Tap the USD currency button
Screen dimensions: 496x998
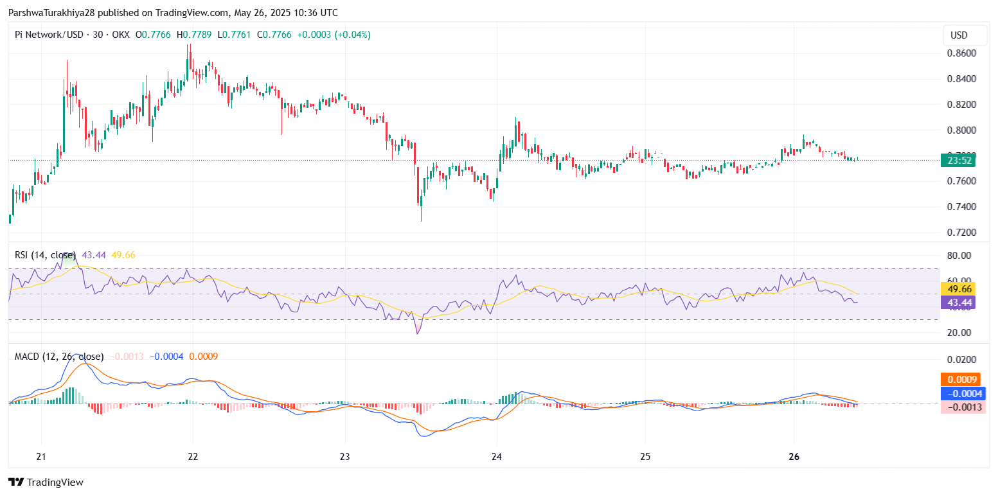tap(959, 35)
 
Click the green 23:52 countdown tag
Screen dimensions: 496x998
tap(958, 161)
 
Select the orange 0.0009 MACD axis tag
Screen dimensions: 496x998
tap(962, 380)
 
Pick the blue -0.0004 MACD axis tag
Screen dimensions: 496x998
tap(962, 393)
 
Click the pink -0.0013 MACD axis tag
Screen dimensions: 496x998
tap(962, 407)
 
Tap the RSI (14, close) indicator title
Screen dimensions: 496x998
tap(45, 255)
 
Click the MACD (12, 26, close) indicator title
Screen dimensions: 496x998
tap(59, 356)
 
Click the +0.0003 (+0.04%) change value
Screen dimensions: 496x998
tap(334, 35)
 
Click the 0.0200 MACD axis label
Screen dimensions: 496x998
tap(961, 360)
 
